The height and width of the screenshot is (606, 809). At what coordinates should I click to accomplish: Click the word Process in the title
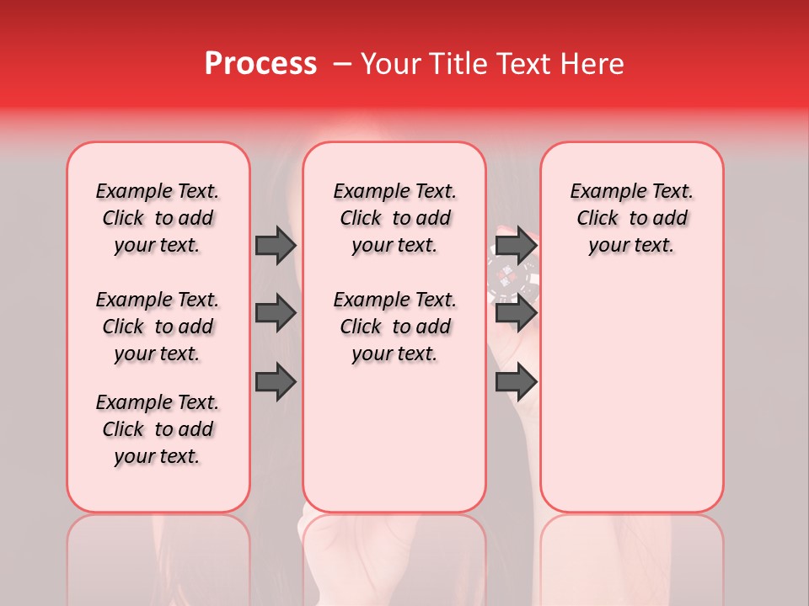coord(260,64)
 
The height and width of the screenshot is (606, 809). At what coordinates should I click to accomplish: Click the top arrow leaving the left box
coord(276,245)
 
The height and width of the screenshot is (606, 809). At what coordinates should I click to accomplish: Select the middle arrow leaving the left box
coord(276,313)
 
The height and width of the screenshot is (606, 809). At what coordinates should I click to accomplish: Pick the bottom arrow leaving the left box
coord(276,381)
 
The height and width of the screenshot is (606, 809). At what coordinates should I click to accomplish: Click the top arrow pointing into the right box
coord(516,245)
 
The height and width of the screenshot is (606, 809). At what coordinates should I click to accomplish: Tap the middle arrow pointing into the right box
coord(516,313)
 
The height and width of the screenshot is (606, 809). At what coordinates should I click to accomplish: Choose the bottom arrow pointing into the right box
coord(516,381)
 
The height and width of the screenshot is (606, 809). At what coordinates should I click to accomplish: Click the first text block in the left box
coord(158,218)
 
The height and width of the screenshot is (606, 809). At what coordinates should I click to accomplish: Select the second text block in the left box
coord(158,327)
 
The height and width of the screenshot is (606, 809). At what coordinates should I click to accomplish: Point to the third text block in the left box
coord(158,429)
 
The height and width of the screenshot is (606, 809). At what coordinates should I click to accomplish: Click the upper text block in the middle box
coord(394,218)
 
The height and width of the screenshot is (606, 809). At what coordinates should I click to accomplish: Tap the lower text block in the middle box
coord(394,327)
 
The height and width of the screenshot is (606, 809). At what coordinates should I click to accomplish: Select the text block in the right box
coord(631,218)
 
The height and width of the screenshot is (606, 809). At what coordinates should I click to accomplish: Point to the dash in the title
coord(341,64)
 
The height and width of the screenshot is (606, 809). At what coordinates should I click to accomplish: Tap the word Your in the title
coord(388,64)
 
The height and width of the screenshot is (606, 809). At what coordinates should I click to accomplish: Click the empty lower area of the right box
coord(631,404)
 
